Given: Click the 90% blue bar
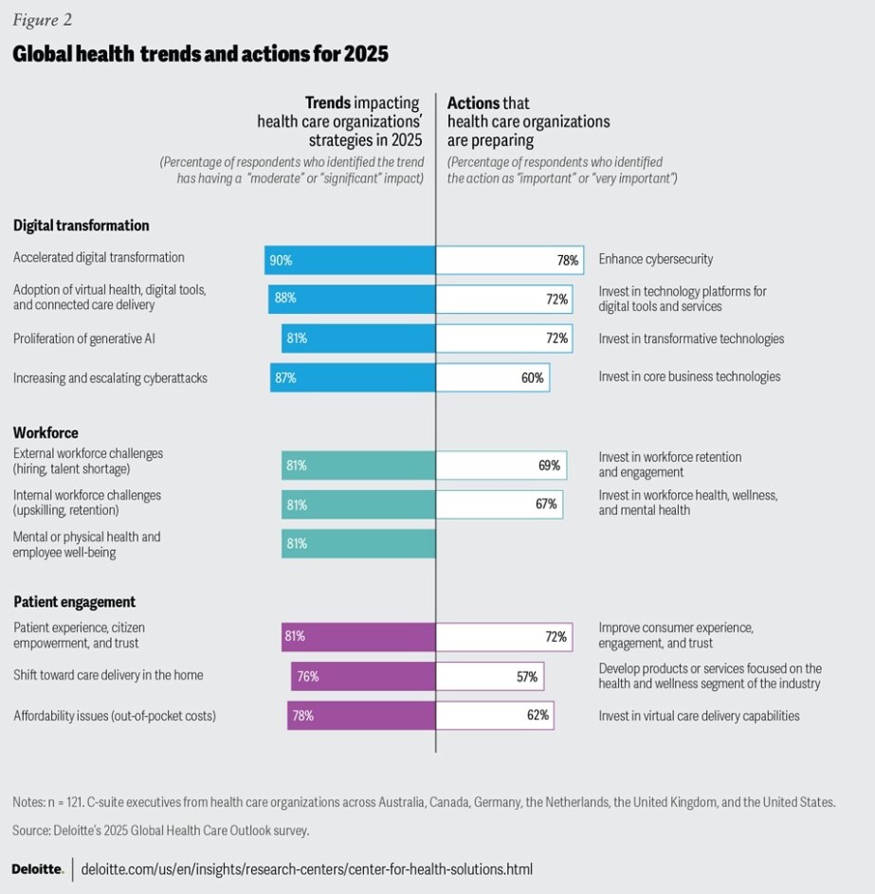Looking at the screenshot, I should point(350,260).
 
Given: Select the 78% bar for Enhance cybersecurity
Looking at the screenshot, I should point(509,260).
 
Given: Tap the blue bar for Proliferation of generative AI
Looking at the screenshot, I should point(358,338).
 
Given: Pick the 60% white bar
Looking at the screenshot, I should point(492,378).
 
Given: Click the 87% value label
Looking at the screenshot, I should point(285,378).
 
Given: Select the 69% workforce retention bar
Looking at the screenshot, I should point(501,465).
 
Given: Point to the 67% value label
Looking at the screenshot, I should point(546,504).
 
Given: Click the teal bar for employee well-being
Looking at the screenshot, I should point(358,544).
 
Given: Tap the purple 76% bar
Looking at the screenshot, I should point(363,676).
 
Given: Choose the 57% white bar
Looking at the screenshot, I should point(489,676).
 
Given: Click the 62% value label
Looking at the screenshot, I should point(538,716).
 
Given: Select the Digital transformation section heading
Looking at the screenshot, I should point(82,226).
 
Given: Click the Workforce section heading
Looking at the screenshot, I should point(46,433).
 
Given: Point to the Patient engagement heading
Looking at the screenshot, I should point(74,602).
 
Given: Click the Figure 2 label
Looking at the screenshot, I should point(42,20).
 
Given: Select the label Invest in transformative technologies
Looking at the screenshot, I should point(691,339).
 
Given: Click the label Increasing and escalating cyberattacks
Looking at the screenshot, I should point(110,378).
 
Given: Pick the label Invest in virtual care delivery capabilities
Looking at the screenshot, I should point(699,716).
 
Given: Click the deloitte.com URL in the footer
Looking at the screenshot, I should point(307,868).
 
